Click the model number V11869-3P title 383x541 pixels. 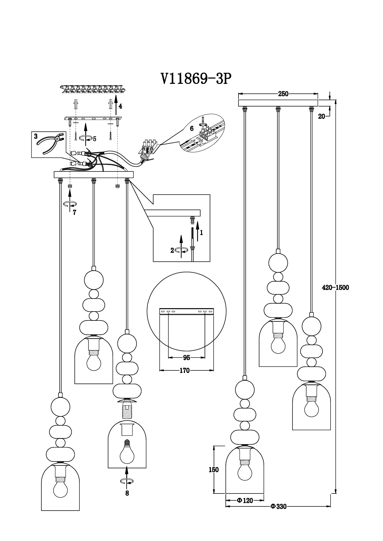click(196, 79)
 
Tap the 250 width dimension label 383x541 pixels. click(283, 94)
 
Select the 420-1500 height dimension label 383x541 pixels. click(335, 287)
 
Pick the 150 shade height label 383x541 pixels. click(213, 470)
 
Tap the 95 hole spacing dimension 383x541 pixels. click(187, 358)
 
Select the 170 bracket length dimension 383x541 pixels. click(184, 370)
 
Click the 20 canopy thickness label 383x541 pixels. click(322, 116)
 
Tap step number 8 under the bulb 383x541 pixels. click(127, 493)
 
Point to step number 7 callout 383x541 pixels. click(74, 212)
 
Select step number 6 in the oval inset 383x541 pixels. click(192, 128)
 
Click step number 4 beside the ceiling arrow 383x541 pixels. click(120, 106)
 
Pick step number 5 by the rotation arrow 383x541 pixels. click(95, 139)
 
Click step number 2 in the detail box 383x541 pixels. click(172, 250)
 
